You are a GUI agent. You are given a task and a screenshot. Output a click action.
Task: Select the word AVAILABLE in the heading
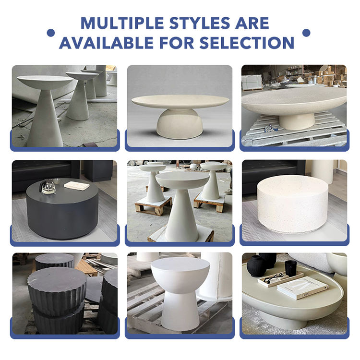[x=106, y=42]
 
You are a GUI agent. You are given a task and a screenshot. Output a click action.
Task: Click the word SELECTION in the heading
[x=247, y=42]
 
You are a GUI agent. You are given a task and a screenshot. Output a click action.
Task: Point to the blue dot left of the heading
[x=51, y=33]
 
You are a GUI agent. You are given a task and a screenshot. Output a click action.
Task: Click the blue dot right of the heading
[x=306, y=33]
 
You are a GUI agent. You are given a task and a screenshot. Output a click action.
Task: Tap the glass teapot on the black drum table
[x=48, y=187]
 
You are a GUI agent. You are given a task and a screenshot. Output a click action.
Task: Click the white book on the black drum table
[x=77, y=185]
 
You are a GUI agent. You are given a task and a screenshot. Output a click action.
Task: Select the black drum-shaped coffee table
[x=62, y=208]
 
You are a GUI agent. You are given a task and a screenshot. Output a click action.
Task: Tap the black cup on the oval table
[x=291, y=268]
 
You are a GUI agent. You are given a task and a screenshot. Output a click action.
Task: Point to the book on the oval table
[x=302, y=288]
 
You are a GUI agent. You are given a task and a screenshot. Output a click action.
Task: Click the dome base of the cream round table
[x=180, y=124]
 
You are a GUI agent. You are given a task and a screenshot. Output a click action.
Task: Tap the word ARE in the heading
[x=252, y=23]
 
